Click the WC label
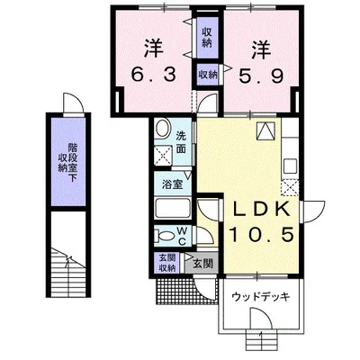[x=181, y=235]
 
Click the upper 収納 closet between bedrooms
[x=207, y=37]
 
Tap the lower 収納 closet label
[x=206, y=75]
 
